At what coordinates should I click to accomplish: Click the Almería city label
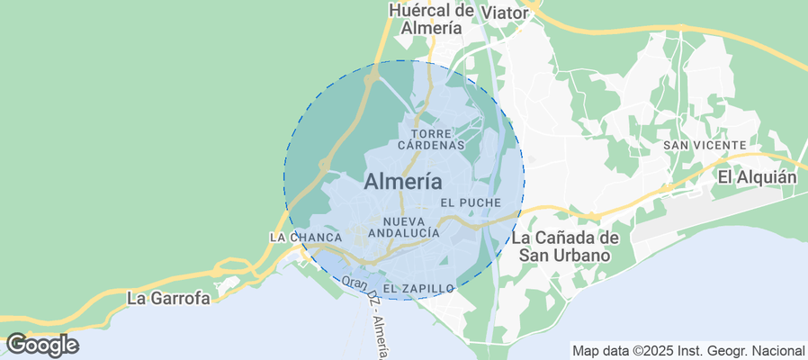402,181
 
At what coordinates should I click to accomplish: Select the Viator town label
507,13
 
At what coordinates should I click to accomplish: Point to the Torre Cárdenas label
431,139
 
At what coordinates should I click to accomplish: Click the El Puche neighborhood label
470,202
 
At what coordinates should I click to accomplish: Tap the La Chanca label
305,238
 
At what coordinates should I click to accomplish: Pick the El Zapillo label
418,288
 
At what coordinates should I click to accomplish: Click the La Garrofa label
168,298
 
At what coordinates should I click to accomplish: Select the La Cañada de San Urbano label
566,247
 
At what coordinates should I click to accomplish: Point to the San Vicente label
704,145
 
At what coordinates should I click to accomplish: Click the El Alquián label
757,177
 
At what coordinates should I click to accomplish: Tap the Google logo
41,345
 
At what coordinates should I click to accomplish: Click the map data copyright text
688,350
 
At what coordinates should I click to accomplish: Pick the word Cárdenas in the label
431,144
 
